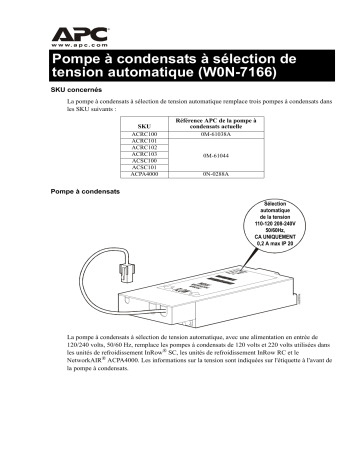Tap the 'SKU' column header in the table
click(116, 127)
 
